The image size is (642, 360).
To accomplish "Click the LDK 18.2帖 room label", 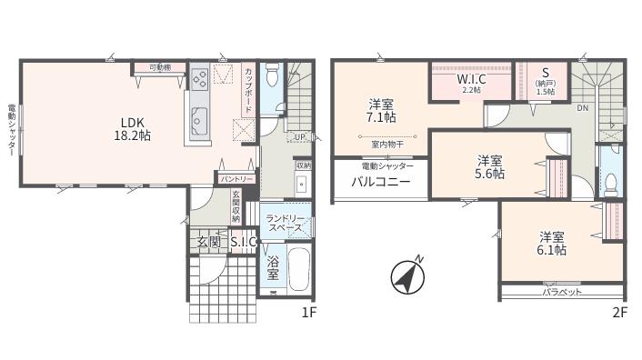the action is click(x=132, y=129).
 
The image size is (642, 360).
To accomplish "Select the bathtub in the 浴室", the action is click(x=299, y=269).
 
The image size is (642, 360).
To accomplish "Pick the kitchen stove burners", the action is click(x=200, y=78).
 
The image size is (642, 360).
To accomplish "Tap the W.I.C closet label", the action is click(x=471, y=82).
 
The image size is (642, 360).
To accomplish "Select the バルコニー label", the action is click(x=381, y=181).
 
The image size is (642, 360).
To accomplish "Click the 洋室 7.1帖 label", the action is click(x=381, y=111).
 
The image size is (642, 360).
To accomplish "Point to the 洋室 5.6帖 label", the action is click(x=489, y=167).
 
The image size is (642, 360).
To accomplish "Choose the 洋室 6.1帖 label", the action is click(x=551, y=243).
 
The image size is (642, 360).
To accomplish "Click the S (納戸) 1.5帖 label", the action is click(x=546, y=82).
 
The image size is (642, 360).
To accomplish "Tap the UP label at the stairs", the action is click(x=300, y=137).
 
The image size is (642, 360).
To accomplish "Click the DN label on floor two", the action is click(x=582, y=108).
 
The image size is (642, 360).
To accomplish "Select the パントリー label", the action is click(x=237, y=179).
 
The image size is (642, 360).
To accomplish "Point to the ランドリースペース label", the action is click(x=286, y=223).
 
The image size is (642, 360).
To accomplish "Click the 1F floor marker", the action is click(x=309, y=313).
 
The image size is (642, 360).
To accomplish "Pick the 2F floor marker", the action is click(x=620, y=313).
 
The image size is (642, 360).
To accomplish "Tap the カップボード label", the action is click(x=248, y=90).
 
